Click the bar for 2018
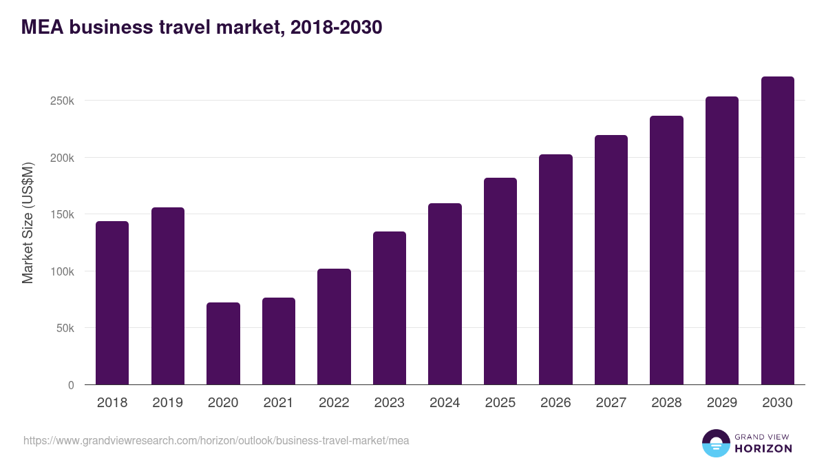pos(112,303)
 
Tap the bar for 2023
pos(390,308)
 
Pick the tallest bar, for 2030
pos(778,231)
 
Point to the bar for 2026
pos(555,269)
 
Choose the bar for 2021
pos(279,341)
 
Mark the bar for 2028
pos(666,250)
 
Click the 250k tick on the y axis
pos(62,101)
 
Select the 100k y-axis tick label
pos(62,271)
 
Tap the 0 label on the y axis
pos(70,385)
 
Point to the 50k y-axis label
pos(65,328)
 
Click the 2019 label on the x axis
pos(167,403)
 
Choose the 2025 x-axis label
pos(500,403)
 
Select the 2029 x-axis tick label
pos(722,403)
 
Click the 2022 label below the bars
pos(334,403)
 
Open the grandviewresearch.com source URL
pos(216,440)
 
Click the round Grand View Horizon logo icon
pos(716,443)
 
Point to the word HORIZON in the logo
pos(764,448)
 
